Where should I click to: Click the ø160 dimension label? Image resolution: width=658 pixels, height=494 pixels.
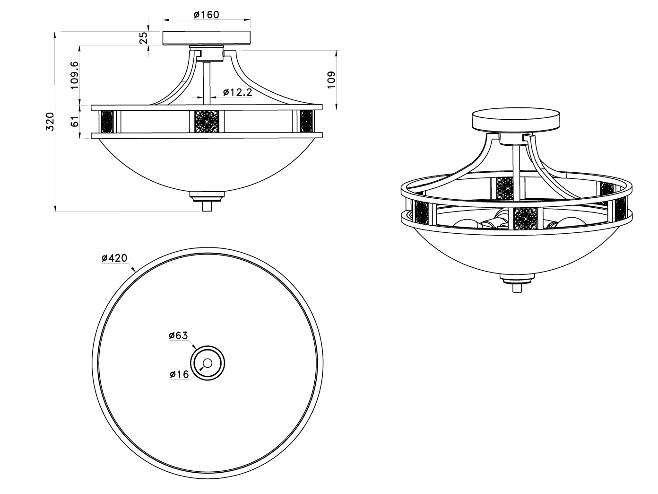[x=206, y=14]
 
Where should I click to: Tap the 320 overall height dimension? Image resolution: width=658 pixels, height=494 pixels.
[x=50, y=122]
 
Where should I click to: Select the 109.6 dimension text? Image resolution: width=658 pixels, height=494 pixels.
[x=74, y=75]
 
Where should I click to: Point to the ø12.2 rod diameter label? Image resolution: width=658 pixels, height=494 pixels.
[x=238, y=92]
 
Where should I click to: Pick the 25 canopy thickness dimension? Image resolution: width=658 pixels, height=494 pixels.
[x=144, y=38]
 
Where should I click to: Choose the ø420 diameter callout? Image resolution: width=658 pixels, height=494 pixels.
[x=114, y=258]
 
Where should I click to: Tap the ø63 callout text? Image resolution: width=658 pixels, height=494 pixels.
[x=179, y=335]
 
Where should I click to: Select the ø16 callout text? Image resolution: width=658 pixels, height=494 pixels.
[x=179, y=374]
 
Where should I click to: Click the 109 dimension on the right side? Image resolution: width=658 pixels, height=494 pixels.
[x=331, y=80]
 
